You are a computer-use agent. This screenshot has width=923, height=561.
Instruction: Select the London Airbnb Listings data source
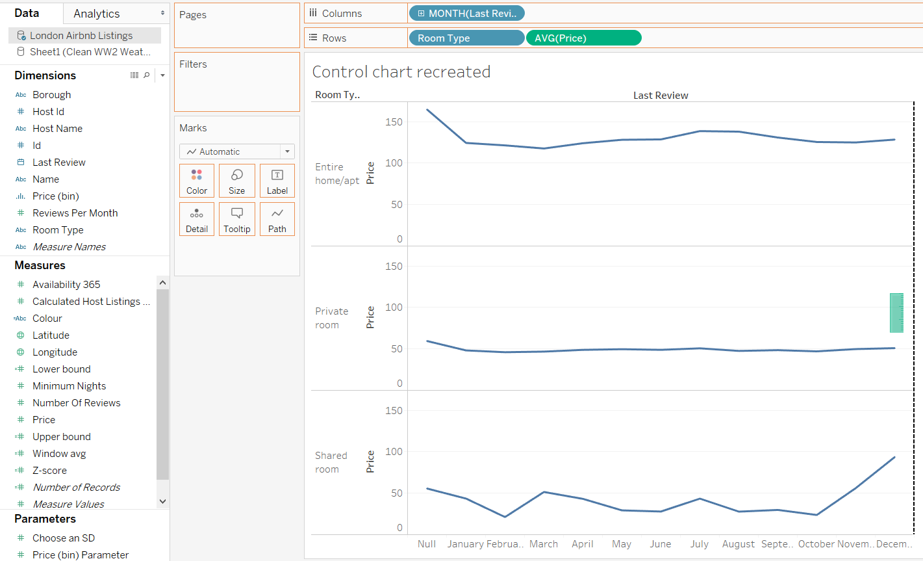[x=81, y=36]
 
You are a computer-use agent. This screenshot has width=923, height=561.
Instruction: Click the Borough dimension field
[x=51, y=95]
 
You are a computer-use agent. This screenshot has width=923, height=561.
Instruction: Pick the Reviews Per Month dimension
[x=75, y=213]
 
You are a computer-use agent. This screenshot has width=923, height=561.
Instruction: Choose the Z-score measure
[x=49, y=471]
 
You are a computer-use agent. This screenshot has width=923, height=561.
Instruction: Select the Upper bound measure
[x=61, y=437]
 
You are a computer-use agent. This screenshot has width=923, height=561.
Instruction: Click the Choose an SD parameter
[x=63, y=538]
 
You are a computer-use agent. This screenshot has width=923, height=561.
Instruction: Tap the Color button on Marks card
[x=197, y=181]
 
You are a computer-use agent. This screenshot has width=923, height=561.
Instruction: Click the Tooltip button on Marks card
[x=236, y=219]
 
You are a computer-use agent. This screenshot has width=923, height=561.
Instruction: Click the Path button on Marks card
[x=277, y=219]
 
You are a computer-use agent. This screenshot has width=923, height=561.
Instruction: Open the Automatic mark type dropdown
[x=236, y=151]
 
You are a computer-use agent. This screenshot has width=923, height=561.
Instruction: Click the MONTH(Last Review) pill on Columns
[x=466, y=14]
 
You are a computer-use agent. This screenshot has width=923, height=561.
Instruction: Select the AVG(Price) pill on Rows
[x=583, y=38]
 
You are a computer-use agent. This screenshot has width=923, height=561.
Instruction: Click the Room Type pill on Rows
[x=466, y=38]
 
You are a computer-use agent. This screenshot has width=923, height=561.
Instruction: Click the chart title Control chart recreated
[x=401, y=72]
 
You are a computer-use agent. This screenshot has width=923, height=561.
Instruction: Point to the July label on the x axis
[x=699, y=544]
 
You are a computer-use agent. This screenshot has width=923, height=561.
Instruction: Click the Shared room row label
[x=331, y=462]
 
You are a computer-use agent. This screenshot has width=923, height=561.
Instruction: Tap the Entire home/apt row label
[x=336, y=174]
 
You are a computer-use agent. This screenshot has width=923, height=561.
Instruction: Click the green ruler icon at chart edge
[x=896, y=313]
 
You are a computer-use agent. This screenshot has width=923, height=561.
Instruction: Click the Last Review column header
[x=661, y=96]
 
